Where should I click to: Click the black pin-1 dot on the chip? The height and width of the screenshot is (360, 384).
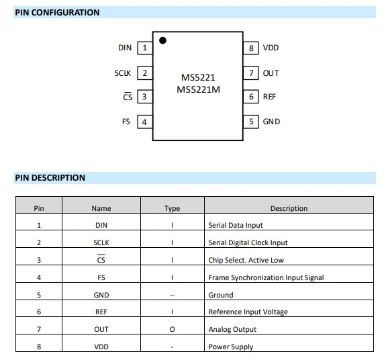point(162,40)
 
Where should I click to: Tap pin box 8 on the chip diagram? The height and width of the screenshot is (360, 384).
point(251,48)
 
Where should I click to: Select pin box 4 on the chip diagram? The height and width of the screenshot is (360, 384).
point(145,122)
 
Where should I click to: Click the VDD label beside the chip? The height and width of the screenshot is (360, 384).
point(271,48)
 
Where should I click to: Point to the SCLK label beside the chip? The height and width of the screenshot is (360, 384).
point(123,73)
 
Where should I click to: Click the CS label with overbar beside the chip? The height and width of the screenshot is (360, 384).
point(128,97)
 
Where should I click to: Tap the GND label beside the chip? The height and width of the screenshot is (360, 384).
point(271,122)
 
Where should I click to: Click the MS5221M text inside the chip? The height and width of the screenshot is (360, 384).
point(198,90)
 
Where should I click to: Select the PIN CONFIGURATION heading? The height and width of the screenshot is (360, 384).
point(57,13)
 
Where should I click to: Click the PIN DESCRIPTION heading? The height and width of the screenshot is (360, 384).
point(50,178)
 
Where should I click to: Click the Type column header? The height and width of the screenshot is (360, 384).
point(172,208)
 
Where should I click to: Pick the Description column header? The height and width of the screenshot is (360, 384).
point(289,208)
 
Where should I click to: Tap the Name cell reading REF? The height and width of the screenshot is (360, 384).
point(101,312)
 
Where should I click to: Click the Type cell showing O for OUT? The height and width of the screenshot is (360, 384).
point(172,329)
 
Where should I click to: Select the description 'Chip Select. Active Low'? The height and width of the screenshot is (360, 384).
point(246,260)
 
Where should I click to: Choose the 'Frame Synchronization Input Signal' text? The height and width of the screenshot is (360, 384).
point(267,277)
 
